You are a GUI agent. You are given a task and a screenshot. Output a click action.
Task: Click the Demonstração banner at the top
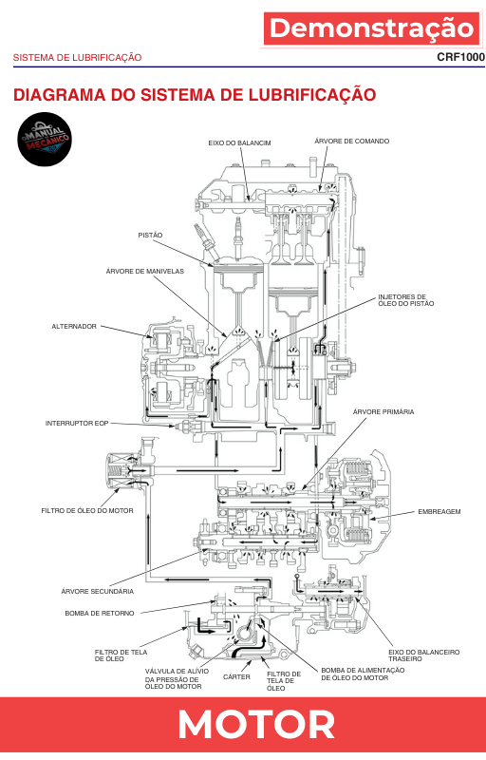pos(372,28)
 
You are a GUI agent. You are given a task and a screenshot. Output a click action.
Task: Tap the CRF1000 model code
pos(460,57)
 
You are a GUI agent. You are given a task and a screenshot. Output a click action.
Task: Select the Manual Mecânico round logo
pos(45,140)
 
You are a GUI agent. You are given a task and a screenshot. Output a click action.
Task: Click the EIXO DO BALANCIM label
pos(239,143)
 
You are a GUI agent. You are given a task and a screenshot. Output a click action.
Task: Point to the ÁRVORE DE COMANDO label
pos(352,141)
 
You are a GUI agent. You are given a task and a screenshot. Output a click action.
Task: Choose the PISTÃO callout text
pos(151,235)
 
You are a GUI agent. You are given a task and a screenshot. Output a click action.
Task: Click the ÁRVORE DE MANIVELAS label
pos(145,272)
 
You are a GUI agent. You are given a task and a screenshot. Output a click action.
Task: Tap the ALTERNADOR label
pos(74,327)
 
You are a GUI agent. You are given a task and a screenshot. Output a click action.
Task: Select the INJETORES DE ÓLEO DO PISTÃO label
pos(406,300)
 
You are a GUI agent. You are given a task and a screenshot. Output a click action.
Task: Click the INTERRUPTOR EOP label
pos(77,423)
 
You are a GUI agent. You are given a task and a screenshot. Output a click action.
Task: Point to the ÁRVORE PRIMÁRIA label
pos(383,411)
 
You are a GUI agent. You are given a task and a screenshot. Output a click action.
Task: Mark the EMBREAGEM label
pos(439,511)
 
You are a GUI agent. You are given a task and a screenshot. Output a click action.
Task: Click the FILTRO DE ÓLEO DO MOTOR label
pos(87,510)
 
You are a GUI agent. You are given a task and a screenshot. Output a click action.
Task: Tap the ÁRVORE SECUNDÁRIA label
pos(98,591)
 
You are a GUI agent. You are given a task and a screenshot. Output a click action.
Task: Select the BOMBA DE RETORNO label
pos(100,613)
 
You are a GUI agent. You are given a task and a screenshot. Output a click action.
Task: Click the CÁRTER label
pos(236,676)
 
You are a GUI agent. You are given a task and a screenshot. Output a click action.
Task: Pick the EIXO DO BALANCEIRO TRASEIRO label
pos(424,655)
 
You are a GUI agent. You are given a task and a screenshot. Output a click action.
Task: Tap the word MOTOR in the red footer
pos(256,725)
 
